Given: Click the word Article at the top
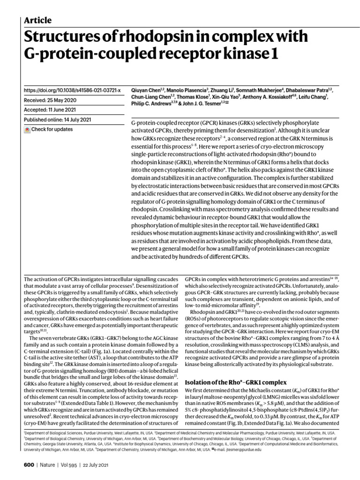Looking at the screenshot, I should click(x=37, y=20).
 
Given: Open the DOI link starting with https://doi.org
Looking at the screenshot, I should click(x=72, y=90).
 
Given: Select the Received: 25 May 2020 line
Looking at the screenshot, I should click(x=52, y=100).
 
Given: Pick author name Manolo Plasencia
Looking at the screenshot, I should click(x=188, y=90).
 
